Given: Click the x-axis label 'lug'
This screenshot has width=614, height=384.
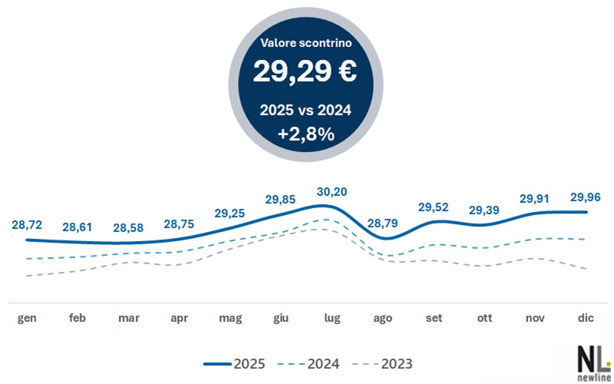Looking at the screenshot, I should point(332,318).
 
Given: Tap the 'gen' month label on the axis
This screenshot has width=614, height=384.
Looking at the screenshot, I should point(26,318).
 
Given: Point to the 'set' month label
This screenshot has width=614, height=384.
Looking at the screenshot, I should point(434,318).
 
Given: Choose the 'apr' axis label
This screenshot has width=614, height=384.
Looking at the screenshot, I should point(180,318).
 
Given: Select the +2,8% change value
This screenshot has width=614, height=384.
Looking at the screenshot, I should point(305,134).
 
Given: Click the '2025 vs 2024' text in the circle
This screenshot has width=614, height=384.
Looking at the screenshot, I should point(305,111).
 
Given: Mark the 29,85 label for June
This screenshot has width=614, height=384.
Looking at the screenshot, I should point(282,199).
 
